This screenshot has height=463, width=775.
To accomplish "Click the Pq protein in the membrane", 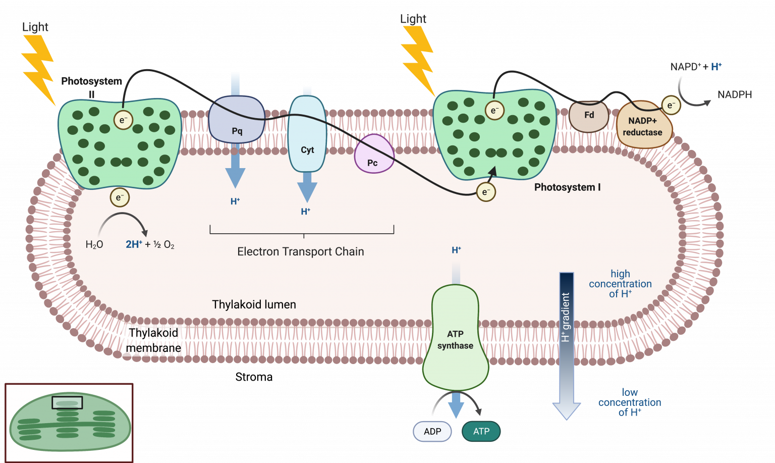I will pyautogui.click(x=237, y=121).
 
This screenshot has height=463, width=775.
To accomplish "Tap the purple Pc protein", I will pyautogui.click(x=373, y=155).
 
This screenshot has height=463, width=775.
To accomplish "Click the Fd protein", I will pyautogui.click(x=589, y=116).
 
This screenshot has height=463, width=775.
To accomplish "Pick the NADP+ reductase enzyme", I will pyautogui.click(x=643, y=126).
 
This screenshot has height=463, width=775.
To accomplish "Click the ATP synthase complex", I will pyautogui.click(x=455, y=338).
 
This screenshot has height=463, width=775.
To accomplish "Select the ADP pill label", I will pyautogui.click(x=432, y=432).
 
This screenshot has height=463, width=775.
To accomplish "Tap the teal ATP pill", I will pyautogui.click(x=481, y=432).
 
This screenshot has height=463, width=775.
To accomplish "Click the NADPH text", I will pyautogui.click(x=734, y=95).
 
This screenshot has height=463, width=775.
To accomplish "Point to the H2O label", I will pyautogui.click(x=94, y=245).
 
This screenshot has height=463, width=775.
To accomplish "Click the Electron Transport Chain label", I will pyautogui.click(x=301, y=251).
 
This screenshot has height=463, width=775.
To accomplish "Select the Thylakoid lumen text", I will pyautogui.click(x=254, y=304).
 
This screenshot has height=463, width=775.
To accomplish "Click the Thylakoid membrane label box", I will pyautogui.click(x=153, y=340).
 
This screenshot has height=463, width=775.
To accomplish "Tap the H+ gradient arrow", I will pyautogui.click(x=567, y=343).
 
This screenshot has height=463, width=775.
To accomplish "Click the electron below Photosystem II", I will pyautogui.click(x=120, y=197).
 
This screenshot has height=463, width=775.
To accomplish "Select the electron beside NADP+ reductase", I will pyautogui.click(x=671, y=105).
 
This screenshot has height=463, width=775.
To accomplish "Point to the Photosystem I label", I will pyautogui.click(x=567, y=187).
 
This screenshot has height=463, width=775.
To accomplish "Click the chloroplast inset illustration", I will pyautogui.click(x=69, y=423).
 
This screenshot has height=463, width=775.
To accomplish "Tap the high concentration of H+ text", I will pyautogui.click(x=620, y=284).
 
